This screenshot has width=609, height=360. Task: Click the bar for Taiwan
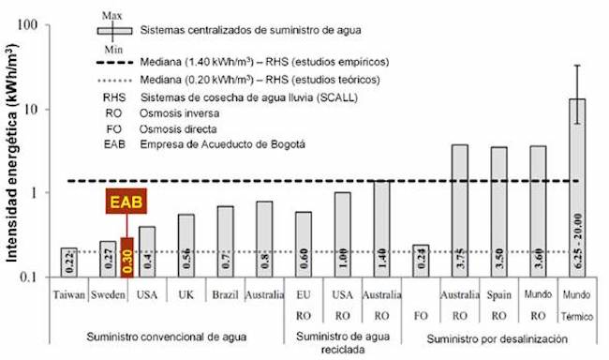[x=67, y=262]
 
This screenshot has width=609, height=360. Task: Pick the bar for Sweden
[x=107, y=260]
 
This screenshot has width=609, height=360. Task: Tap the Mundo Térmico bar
[x=578, y=187]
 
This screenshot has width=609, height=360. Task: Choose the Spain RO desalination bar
[x=499, y=211]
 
